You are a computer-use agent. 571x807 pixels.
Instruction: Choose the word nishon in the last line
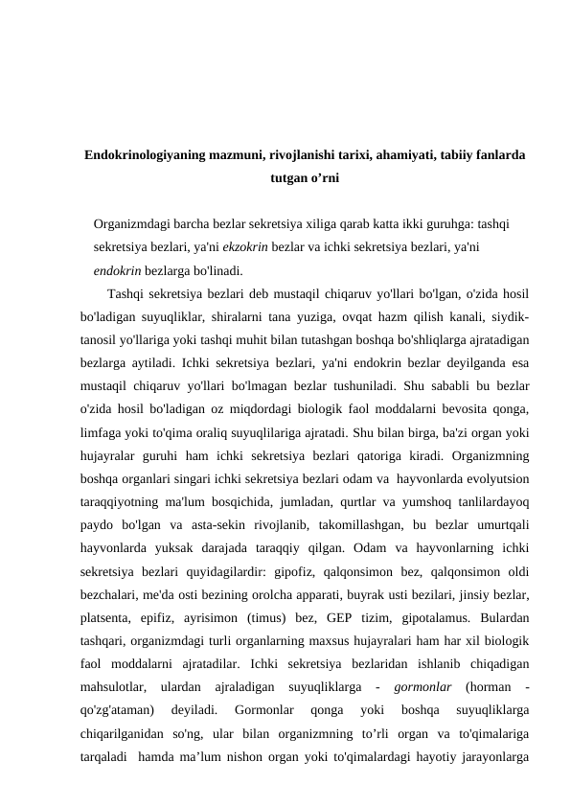pyautogui.click(x=270, y=754)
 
